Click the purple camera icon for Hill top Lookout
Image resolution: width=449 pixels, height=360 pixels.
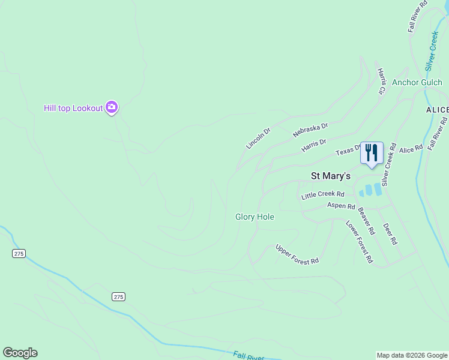111,107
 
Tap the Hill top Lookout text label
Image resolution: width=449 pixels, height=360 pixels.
73,108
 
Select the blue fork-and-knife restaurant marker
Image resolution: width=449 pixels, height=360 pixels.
372,152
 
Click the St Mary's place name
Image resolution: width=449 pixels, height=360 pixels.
330,176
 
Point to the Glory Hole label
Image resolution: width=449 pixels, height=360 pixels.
255,217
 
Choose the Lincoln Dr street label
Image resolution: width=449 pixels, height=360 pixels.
259,137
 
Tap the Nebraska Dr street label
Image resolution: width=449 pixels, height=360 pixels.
311,130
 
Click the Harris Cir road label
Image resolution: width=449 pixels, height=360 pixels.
381,81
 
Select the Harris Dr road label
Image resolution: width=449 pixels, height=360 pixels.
314,145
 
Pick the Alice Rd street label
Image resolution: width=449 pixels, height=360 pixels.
411,147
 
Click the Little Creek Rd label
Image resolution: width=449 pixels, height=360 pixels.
323,194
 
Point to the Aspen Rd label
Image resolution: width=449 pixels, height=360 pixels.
341,206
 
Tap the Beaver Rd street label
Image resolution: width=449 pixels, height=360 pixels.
366,221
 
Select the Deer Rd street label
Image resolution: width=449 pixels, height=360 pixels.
390,233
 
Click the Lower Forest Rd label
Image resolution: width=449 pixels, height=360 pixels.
359,242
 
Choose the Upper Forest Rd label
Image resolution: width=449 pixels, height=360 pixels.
297,254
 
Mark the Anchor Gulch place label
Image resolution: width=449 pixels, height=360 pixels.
417,82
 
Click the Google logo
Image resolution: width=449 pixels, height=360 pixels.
20,353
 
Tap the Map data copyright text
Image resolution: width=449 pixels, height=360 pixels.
412,355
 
